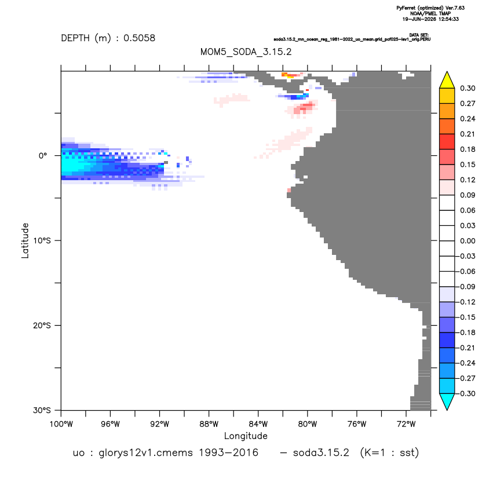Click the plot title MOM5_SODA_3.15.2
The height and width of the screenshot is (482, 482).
(246, 52)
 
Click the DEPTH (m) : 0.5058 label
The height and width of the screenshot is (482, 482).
(108, 38)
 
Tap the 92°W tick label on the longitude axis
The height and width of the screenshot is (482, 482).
(159, 424)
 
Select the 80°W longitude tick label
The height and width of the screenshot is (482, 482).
(308, 424)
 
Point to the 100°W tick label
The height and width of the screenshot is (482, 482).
(61, 424)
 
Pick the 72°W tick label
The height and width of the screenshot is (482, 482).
(406, 424)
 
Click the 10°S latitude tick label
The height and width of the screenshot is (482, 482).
(42, 240)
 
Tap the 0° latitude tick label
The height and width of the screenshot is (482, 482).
(43, 155)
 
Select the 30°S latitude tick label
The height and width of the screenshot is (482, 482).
(42, 410)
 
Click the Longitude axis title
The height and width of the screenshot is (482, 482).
(246, 436)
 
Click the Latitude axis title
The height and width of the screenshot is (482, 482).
(25, 240)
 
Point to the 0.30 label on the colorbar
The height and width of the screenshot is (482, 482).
(468, 89)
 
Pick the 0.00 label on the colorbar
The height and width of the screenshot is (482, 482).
(468, 241)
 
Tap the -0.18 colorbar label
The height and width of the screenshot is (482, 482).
(467, 333)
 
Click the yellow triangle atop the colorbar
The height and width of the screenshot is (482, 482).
(447, 81)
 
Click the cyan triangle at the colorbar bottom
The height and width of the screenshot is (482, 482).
(447, 401)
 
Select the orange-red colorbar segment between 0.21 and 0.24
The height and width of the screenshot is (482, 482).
(447, 126)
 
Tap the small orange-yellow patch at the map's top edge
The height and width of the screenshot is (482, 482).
(288, 75)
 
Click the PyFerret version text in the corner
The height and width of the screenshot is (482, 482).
(430, 8)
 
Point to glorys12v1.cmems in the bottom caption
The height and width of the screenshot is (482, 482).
(146, 453)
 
